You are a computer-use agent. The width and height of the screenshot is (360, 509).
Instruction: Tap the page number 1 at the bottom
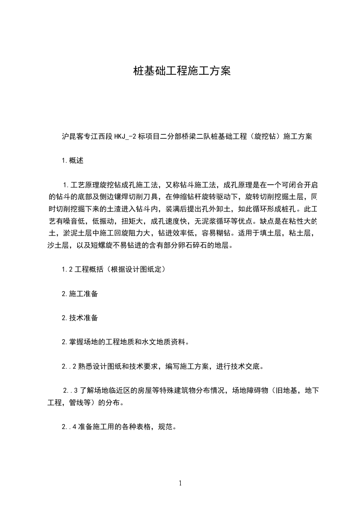tap(180, 483)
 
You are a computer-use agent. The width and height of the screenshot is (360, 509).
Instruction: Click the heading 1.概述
tap(73, 160)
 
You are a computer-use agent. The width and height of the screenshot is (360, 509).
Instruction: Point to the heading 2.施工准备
tap(79, 294)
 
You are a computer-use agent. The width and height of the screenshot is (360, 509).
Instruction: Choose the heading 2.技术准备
tap(79, 318)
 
